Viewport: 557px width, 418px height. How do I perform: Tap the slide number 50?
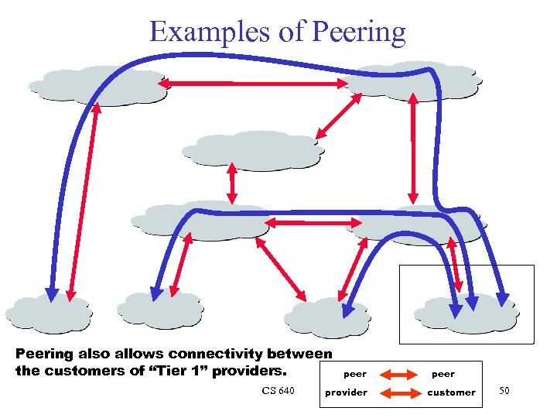pyautogui.click(x=504, y=391)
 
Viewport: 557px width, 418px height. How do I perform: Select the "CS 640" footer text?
pyautogui.click(x=278, y=391)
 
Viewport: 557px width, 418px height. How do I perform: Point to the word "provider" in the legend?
pyautogui.click(x=346, y=392)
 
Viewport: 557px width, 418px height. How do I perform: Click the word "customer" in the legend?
pyautogui.click(x=451, y=392)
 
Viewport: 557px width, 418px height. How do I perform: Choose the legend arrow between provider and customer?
pyautogui.click(x=399, y=392)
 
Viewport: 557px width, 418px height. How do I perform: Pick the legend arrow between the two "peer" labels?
pyautogui.click(x=399, y=375)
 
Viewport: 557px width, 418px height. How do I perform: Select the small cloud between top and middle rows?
pyautogui.click(x=255, y=149)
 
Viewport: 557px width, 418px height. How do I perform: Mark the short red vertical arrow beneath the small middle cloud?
pyautogui.click(x=231, y=185)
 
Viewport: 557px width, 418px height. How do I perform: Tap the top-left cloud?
pyautogui.click(x=97, y=84)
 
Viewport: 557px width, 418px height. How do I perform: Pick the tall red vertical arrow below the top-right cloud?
pyautogui.click(x=414, y=147)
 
